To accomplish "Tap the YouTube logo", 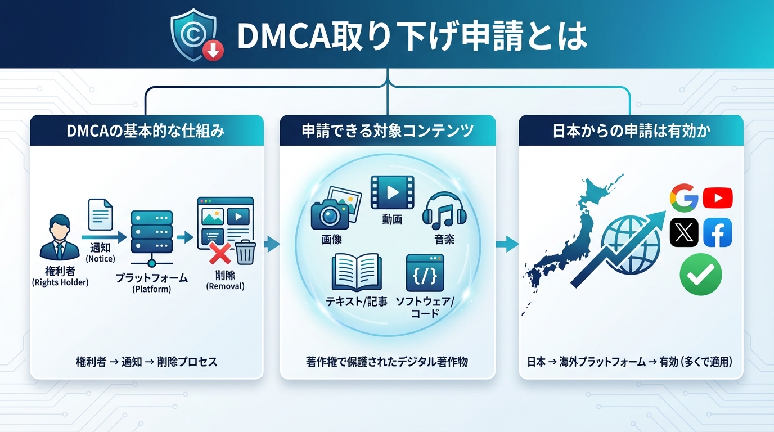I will coord(717,198).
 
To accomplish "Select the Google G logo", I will coord(684,198).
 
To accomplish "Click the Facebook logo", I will coord(717,232).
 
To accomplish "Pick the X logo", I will coord(684,232).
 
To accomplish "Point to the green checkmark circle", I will coord(700,274).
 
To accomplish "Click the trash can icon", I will coord(245,251).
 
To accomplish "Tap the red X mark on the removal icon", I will coord(220,254).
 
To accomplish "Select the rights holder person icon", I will coord(60,236).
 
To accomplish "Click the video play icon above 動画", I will coord(392,192).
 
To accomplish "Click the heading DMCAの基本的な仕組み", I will coord(146,131).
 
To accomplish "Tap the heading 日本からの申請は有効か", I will coord(632,131).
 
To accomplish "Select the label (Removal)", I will coord(226,286).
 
